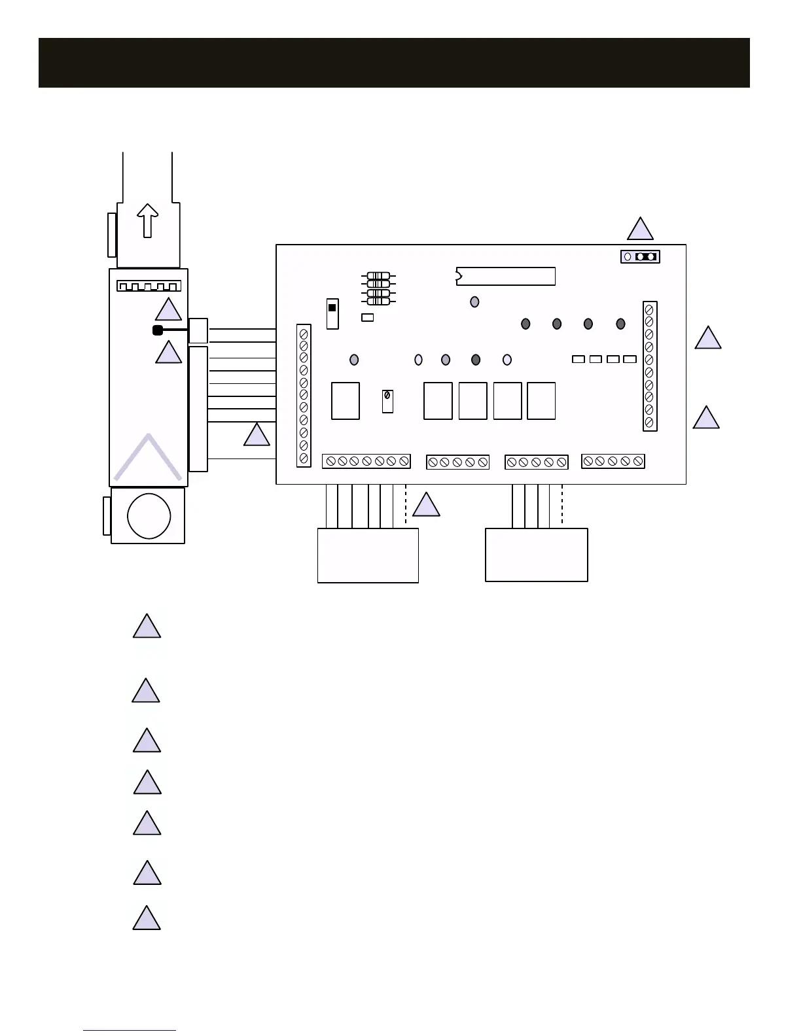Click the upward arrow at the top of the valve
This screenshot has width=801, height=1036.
click(148, 220)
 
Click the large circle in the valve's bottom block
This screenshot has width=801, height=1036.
click(149, 515)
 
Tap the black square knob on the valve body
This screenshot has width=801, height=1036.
click(158, 330)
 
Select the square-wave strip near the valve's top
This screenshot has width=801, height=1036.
click(149, 286)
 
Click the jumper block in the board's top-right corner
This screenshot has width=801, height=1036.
click(640, 256)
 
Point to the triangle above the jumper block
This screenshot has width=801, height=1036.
click(640, 229)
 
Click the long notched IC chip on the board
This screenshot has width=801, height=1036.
click(505, 276)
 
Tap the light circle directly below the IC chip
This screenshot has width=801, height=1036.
click(474, 302)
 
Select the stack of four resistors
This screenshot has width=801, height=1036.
click(378, 288)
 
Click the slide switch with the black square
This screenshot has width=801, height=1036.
click(332, 314)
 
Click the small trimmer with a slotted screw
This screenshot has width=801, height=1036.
click(387, 400)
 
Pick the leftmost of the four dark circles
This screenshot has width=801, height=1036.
click(525, 324)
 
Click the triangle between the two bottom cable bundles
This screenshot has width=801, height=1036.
click(426, 505)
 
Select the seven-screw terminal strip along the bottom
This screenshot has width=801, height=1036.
click(366, 461)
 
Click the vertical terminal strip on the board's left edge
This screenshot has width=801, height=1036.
click(304, 396)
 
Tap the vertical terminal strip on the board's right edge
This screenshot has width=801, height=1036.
click(649, 366)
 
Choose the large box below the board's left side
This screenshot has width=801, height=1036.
click(368, 555)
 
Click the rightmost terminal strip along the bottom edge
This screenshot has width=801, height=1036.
click(613, 461)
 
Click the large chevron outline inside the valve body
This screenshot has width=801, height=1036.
click(148, 458)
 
